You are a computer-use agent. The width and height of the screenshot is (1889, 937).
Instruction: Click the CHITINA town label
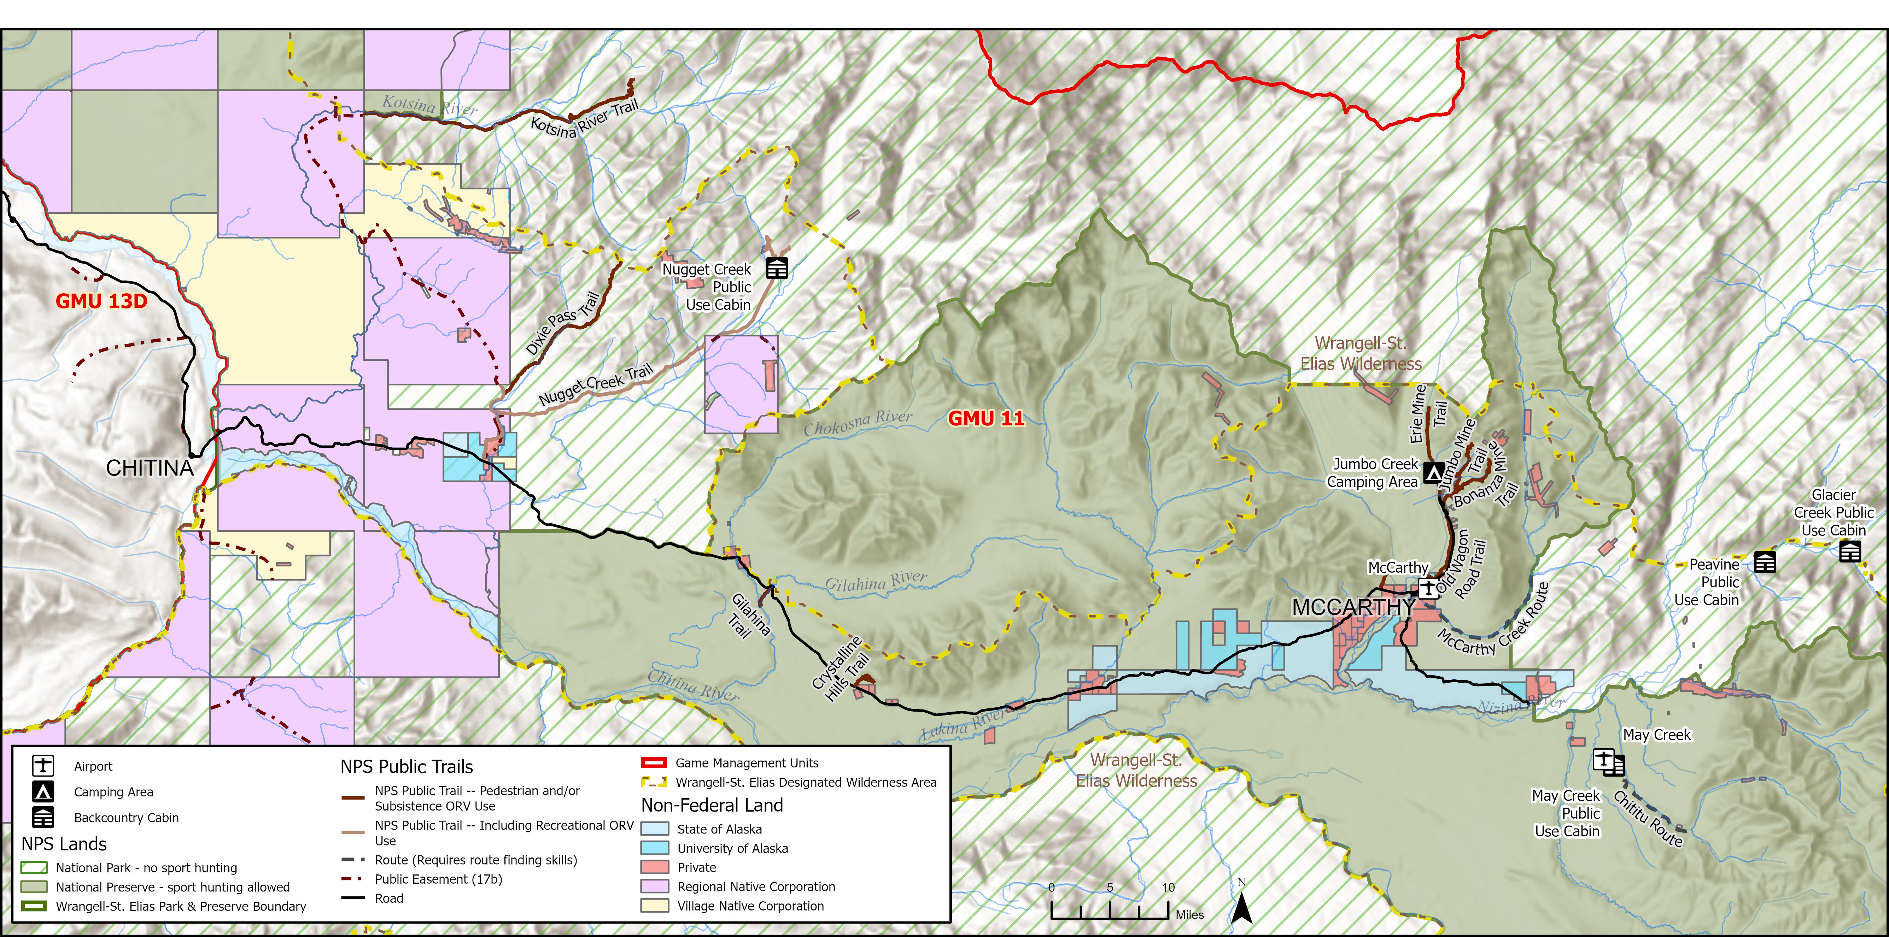coord(150,468)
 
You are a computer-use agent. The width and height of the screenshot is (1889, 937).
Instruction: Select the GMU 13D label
coord(101,301)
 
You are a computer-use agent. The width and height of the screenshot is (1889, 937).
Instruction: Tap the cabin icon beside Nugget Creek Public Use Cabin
coord(777,268)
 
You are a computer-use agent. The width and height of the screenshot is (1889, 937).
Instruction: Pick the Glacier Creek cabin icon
coord(1849,551)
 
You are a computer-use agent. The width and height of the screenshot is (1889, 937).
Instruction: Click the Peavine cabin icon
coord(1764,562)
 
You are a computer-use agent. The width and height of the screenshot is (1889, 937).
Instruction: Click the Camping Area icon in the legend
coord(43,792)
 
